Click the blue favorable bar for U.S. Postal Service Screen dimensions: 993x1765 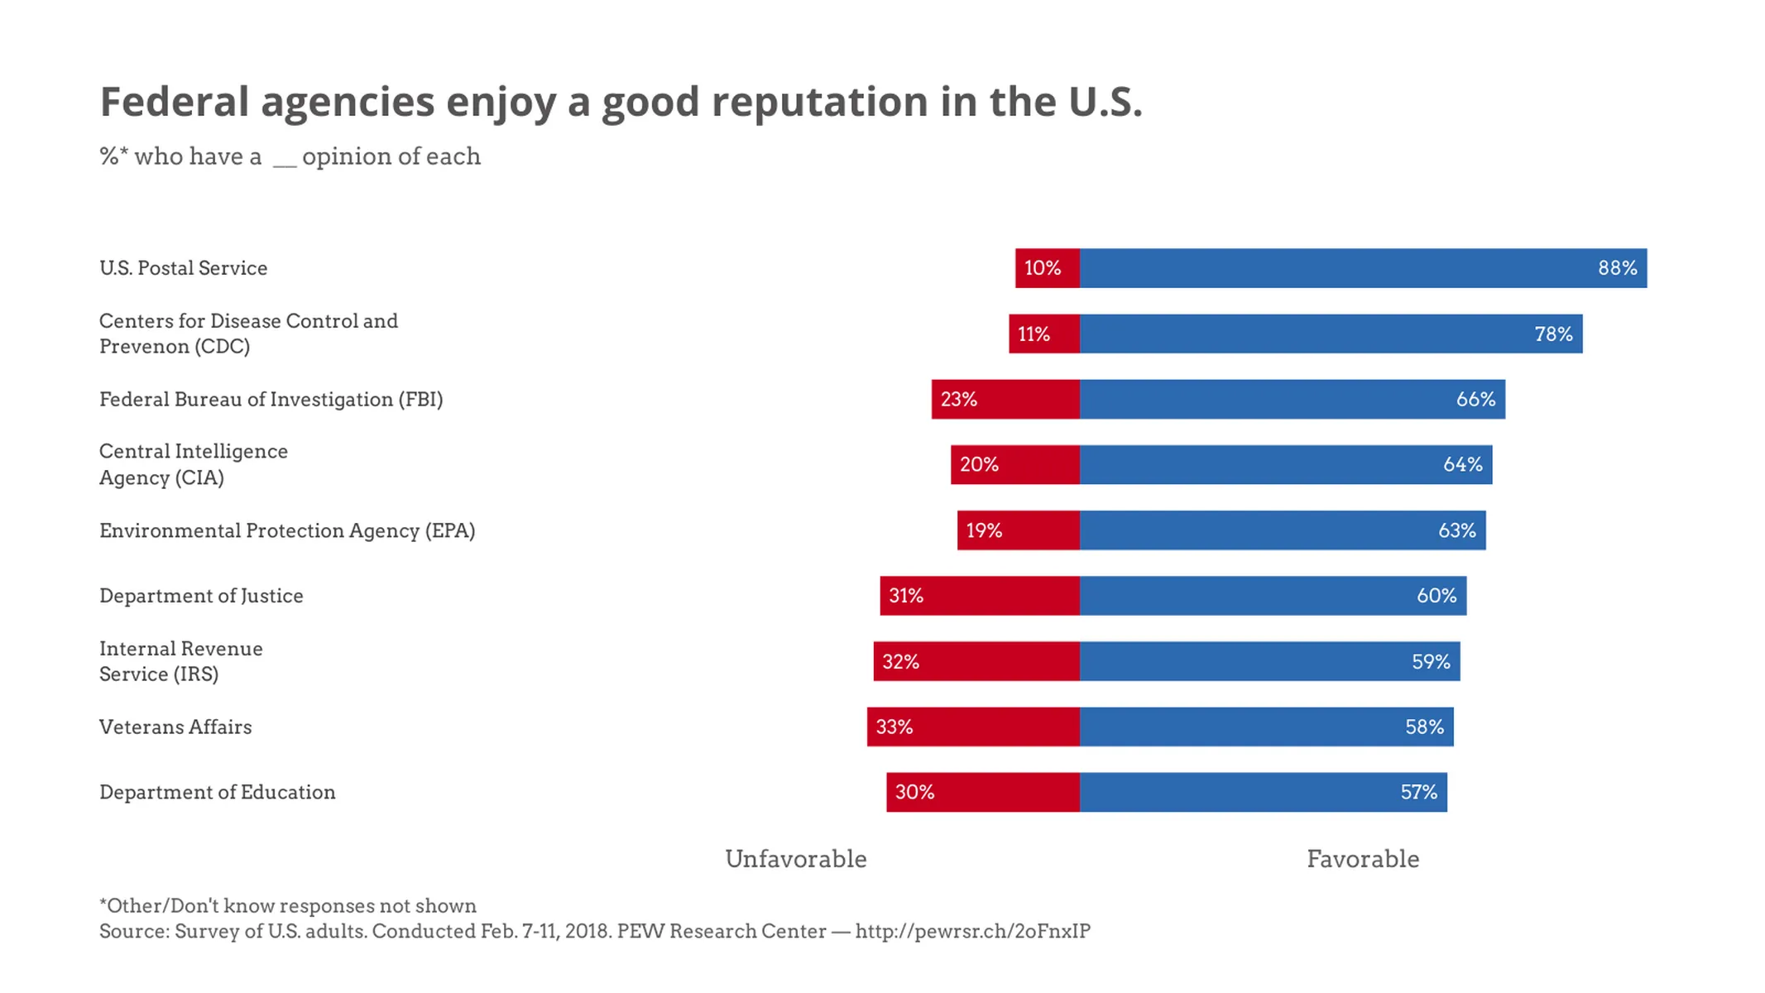[x=1324, y=268]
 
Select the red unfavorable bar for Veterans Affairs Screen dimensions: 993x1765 [x=985, y=727]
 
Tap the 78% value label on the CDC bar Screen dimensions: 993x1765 [x=1552, y=333]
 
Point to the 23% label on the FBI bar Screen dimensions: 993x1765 [x=958, y=399]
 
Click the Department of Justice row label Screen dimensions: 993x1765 [x=201, y=596]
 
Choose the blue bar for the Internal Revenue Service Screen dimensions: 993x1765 [x=1241, y=661]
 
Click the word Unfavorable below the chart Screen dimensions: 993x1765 [x=795, y=859]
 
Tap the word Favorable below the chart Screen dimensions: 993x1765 [x=1362, y=859]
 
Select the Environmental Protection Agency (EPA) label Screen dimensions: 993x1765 [x=287, y=530]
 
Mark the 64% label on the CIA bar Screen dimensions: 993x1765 [x=1462, y=464]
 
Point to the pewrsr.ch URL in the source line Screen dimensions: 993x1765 [x=972, y=931]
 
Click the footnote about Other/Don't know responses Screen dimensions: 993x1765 [x=288, y=905]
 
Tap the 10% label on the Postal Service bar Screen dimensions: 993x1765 [x=1042, y=268]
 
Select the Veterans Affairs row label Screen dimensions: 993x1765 [x=175, y=727]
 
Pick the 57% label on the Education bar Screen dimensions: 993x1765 [x=1417, y=792]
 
